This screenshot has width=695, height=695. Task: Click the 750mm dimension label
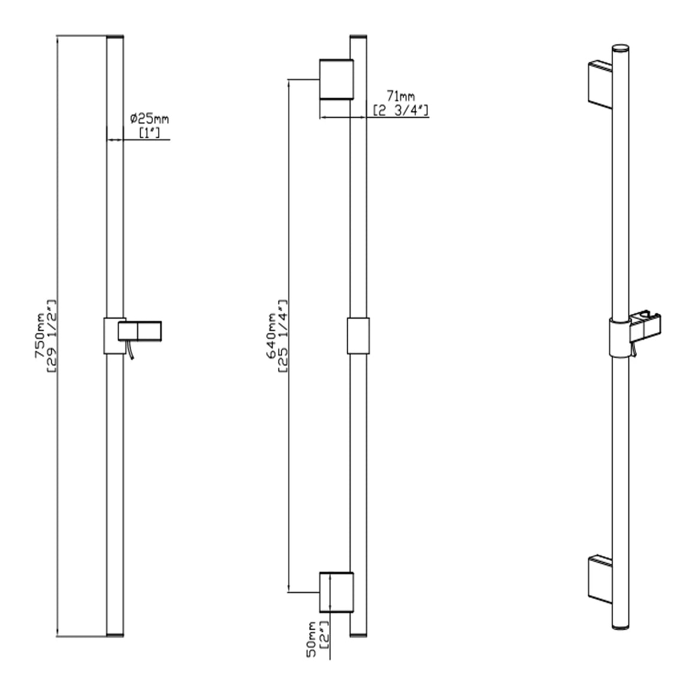click(x=40, y=336)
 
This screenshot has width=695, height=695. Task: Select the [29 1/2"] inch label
click(x=52, y=336)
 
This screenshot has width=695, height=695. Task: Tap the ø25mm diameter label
click(x=149, y=119)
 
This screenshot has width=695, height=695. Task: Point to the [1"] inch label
click(x=149, y=132)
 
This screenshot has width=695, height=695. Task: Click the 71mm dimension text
click(x=401, y=96)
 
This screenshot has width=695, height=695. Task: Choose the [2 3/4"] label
click(x=401, y=110)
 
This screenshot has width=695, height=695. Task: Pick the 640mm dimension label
click(x=271, y=336)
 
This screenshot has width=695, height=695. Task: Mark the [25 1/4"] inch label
click(x=283, y=336)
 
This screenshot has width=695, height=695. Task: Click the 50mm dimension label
click(x=312, y=639)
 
